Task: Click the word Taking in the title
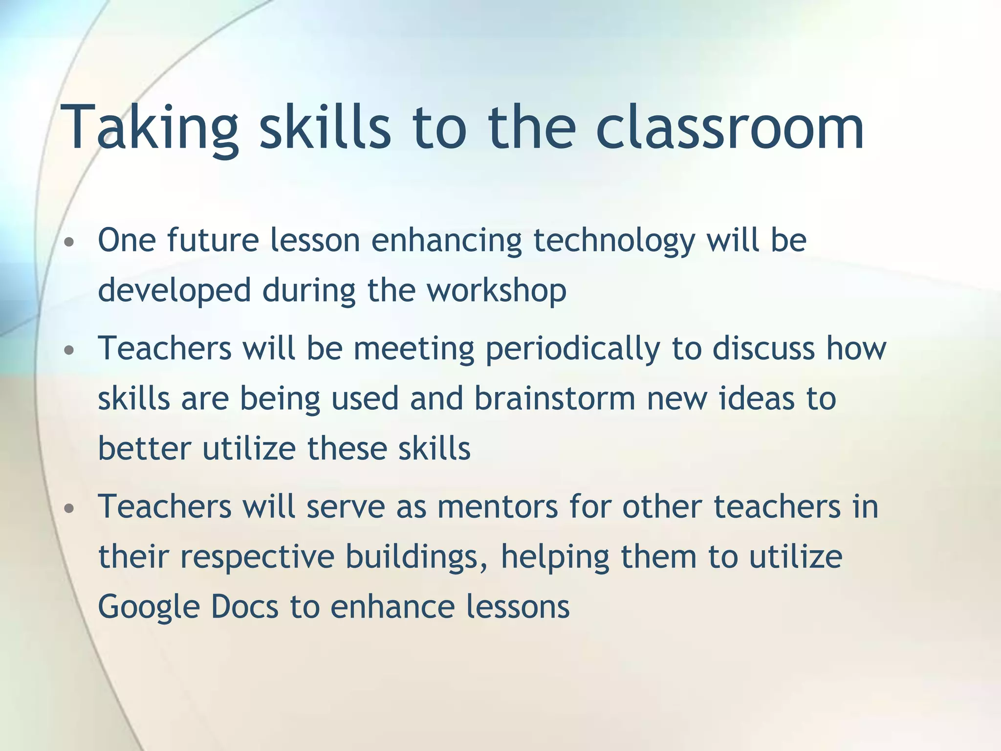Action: pyautogui.click(x=149, y=128)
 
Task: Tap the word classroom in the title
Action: pyautogui.click(x=730, y=128)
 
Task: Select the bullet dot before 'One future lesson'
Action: pyautogui.click(x=69, y=242)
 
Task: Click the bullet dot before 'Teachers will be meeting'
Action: pyautogui.click(x=69, y=350)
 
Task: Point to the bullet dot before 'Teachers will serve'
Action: pyautogui.click(x=69, y=508)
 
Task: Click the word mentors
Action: pyautogui.click(x=498, y=507)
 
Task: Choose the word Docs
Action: pyautogui.click(x=244, y=607)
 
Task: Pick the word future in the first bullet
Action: pyautogui.click(x=213, y=241)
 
